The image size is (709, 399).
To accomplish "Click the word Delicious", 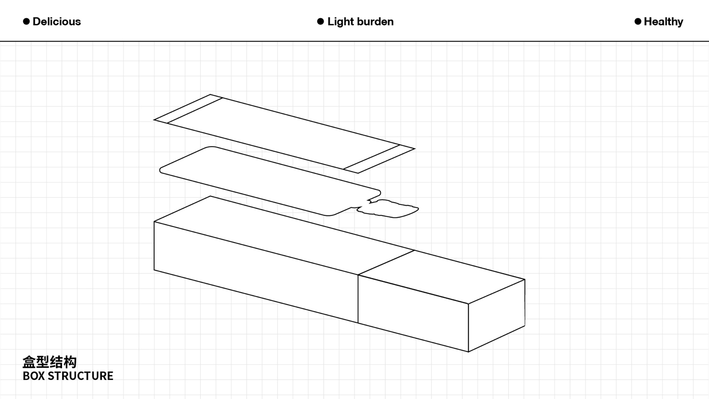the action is pos(56,21).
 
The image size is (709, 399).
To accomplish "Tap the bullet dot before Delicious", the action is pos(26,21).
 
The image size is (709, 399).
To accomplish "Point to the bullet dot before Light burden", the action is pos(321,21).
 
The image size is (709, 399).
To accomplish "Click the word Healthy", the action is pos(664,22).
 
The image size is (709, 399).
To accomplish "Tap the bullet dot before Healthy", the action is pos(638,21).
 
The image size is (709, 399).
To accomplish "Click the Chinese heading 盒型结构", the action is pos(49,362).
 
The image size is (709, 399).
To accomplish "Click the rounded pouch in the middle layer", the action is pos(270,181).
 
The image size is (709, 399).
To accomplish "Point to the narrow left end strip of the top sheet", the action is pos(188,109).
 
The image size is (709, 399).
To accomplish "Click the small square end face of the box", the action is pos(497,316).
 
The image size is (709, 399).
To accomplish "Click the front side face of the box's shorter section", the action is pos(413,313).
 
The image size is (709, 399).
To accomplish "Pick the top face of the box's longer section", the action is pos(284,235).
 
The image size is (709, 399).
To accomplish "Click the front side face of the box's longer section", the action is pos(256,272).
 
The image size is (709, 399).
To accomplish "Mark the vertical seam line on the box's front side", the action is pos(358,299).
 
